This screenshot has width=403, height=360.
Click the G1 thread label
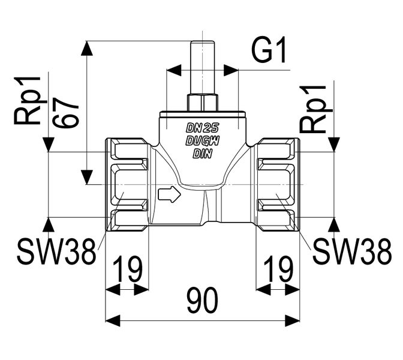(269, 52)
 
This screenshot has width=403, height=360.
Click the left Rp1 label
(28, 100)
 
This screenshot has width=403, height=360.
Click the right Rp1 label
(314, 109)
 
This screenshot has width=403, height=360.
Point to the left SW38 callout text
(56, 253)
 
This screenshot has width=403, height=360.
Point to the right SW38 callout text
(352, 253)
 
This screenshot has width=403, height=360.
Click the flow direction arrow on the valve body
(169, 194)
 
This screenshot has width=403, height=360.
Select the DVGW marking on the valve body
(202, 141)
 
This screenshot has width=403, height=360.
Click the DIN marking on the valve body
(202, 154)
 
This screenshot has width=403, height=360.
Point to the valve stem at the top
(202, 66)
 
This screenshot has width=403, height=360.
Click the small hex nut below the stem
(202, 101)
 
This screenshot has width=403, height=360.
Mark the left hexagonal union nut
(127, 184)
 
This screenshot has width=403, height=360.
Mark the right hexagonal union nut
(278, 184)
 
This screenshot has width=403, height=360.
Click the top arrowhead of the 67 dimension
(88, 48)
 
